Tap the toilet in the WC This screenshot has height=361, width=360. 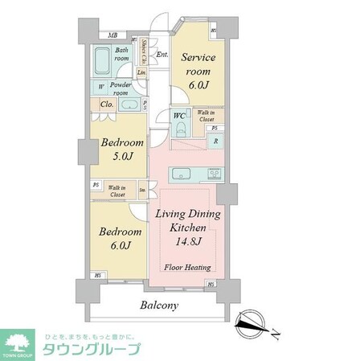pos(182,128)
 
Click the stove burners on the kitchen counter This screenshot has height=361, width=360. pos(215,173)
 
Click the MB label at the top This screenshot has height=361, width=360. pos(112,35)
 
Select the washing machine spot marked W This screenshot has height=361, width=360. pos(100,88)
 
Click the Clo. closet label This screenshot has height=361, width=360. pos(106,104)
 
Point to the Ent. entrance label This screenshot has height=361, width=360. pos(162,55)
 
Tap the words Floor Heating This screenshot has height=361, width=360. pos(189,267)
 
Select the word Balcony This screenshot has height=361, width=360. pos(159,306)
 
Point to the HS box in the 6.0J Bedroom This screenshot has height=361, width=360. pos(96,275)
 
